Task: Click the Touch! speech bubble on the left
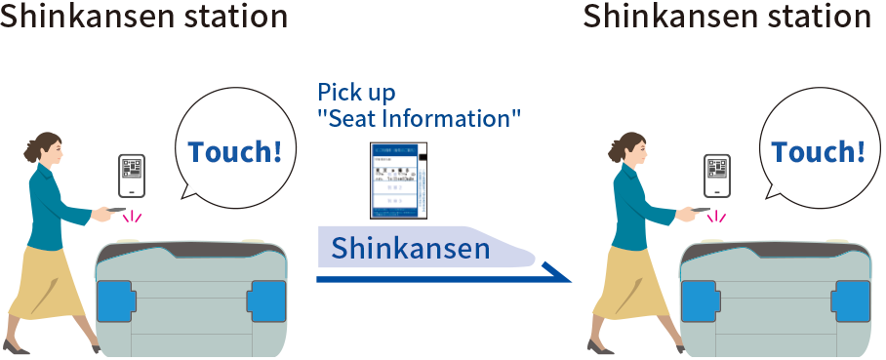click(234, 152)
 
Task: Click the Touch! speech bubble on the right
click(818, 152)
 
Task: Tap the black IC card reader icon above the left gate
click(132, 178)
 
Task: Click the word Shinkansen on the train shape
click(410, 249)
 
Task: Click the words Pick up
click(356, 94)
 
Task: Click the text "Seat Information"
click(419, 118)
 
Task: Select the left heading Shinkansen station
click(143, 17)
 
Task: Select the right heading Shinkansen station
click(727, 17)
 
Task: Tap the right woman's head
click(631, 146)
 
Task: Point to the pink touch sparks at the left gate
click(131, 217)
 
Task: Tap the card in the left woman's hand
click(114, 210)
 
